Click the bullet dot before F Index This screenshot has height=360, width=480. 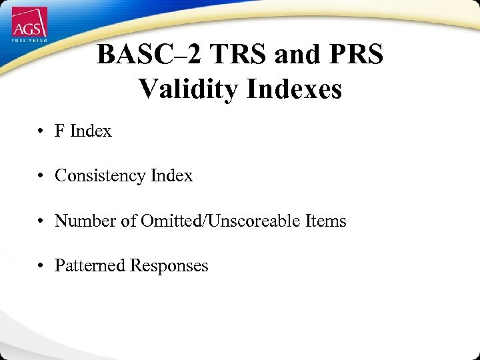click(x=41, y=131)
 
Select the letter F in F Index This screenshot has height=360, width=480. click(x=60, y=131)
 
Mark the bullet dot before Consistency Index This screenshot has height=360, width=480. click(x=41, y=177)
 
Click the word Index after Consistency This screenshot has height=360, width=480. click(x=171, y=175)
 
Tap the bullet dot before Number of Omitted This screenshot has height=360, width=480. click(x=41, y=221)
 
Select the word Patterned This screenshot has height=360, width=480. click(x=90, y=265)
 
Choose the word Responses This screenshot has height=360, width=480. click(x=169, y=266)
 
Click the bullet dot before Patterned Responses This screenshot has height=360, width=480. click(x=41, y=266)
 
